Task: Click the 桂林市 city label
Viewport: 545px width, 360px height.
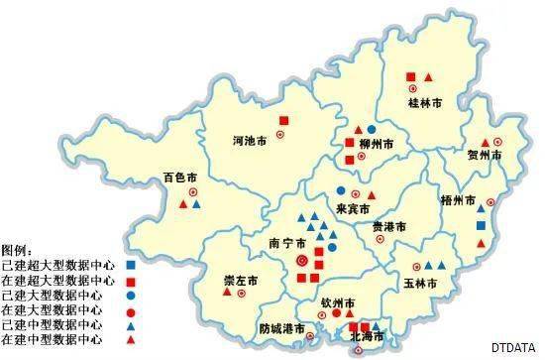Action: click(x=425, y=102)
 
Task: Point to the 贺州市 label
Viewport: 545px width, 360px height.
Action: click(x=485, y=157)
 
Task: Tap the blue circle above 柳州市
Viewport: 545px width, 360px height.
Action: click(x=372, y=130)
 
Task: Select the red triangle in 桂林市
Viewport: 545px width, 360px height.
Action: click(x=428, y=77)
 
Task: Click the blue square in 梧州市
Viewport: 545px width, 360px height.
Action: click(x=482, y=226)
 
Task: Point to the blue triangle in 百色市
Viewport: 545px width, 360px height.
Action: click(x=196, y=204)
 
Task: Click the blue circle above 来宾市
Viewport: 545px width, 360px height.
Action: click(x=340, y=190)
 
